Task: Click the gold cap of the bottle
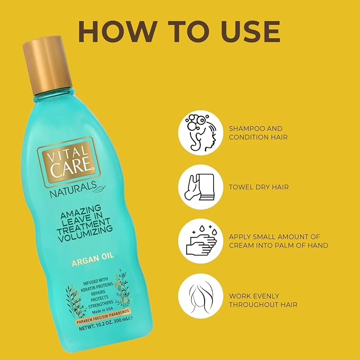48,65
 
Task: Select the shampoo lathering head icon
200,133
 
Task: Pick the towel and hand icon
200,187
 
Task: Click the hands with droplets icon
200,241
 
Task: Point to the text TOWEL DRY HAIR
259,187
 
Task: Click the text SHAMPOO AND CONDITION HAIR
258,133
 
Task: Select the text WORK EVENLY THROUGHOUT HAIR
263,300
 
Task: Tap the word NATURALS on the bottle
73,190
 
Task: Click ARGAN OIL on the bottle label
93,259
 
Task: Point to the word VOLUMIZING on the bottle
85,234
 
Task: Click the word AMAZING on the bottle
81,213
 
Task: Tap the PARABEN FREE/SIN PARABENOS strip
103,317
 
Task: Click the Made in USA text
102,310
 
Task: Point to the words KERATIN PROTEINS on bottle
96,287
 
